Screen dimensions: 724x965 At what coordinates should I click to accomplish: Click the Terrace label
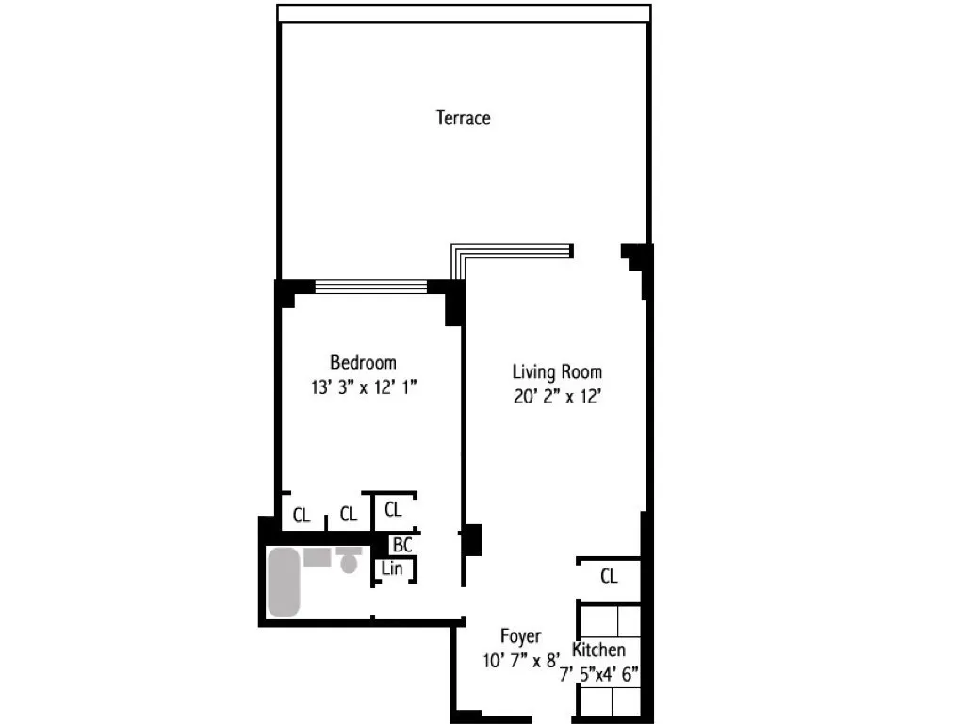pyautogui.click(x=463, y=118)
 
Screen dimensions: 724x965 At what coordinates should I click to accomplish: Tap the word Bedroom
pyautogui.click(x=363, y=362)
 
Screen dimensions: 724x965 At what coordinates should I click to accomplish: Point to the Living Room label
pyautogui.click(x=557, y=371)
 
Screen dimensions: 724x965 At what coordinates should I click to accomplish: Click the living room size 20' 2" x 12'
pyautogui.click(x=557, y=396)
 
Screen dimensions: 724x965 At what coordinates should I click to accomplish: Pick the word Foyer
pyautogui.click(x=520, y=636)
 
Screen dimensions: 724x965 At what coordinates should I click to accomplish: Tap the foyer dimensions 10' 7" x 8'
pyautogui.click(x=520, y=660)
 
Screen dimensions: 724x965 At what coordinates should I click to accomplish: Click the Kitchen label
pyautogui.click(x=598, y=650)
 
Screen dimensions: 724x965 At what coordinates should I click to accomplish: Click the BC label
pyautogui.click(x=401, y=545)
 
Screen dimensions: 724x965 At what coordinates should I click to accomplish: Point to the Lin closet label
pyautogui.click(x=392, y=568)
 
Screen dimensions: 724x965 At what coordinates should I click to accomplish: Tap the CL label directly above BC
pyautogui.click(x=393, y=510)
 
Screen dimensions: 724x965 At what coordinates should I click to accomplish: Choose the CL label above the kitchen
pyautogui.click(x=609, y=576)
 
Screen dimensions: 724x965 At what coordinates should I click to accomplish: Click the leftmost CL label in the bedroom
pyautogui.click(x=301, y=515)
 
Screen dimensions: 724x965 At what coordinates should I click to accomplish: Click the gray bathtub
pyautogui.click(x=284, y=582)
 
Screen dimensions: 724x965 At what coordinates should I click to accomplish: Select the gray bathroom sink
pyautogui.click(x=317, y=556)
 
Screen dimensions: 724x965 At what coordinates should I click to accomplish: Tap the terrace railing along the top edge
pyautogui.click(x=464, y=13)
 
